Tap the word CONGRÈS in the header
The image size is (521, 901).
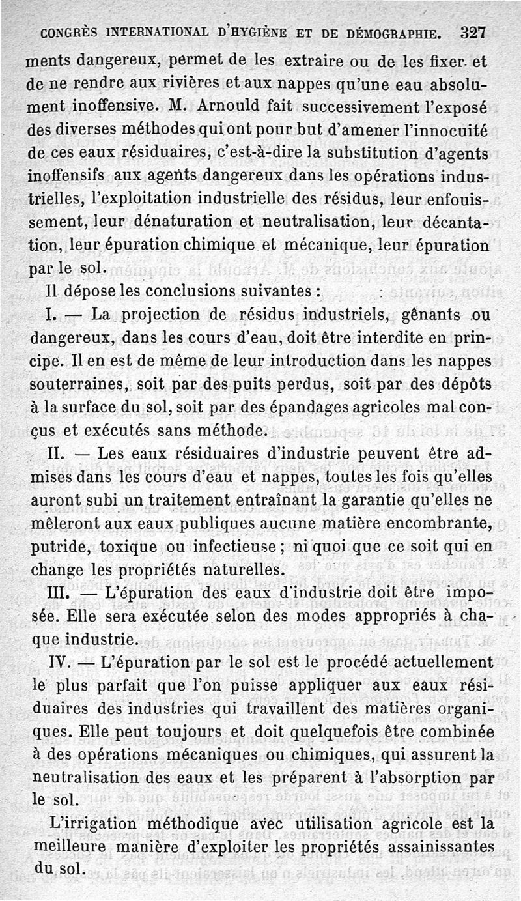coord(74,33)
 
